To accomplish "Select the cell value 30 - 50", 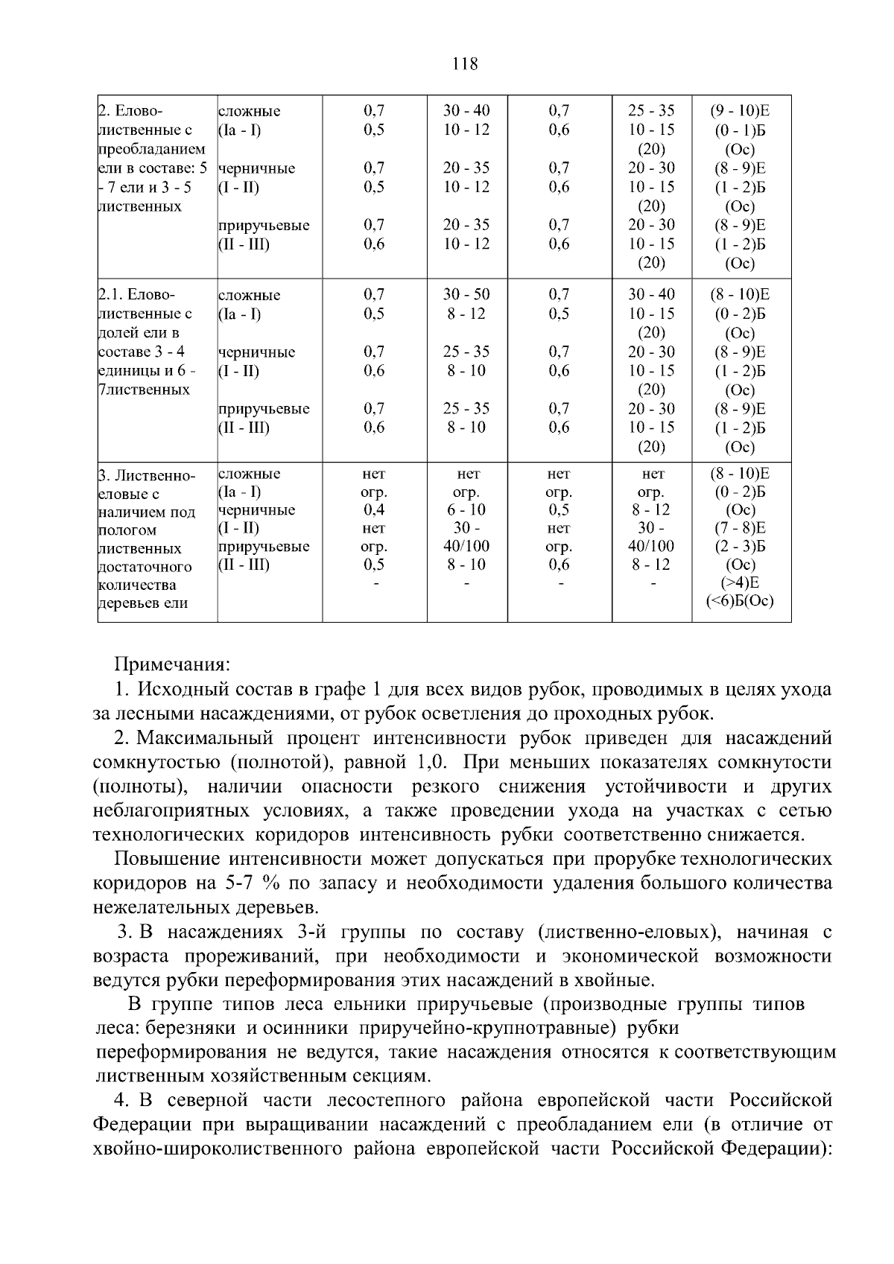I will tap(466, 295).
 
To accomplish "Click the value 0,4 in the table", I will tap(374, 510).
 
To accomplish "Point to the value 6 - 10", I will tap(466, 510).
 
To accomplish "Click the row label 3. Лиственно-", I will tap(147, 475).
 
